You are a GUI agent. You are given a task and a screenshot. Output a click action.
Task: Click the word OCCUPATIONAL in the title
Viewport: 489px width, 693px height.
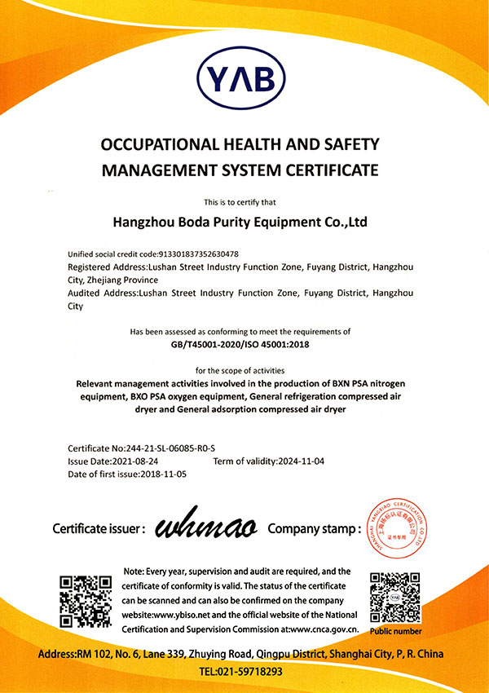pyautogui.click(x=159, y=144)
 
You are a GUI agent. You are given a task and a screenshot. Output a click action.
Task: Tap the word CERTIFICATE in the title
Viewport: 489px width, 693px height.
pyautogui.click(x=324, y=170)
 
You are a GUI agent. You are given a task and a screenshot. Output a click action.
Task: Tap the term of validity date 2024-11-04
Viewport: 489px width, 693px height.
pyautogui.click(x=302, y=461)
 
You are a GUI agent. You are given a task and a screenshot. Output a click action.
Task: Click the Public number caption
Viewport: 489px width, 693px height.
pyautogui.click(x=396, y=631)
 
